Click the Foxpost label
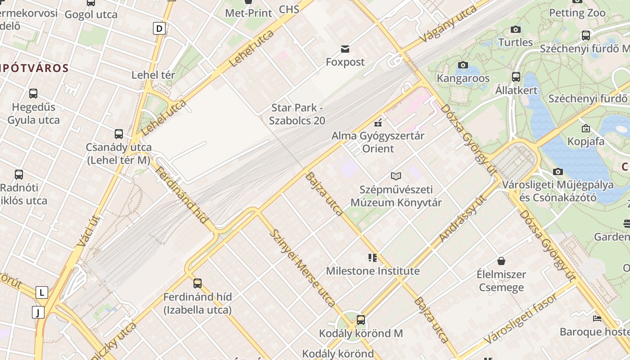point(345,62)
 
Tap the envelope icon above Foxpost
point(345,49)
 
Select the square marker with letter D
point(159,29)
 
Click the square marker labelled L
point(41,292)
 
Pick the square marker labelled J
point(38,312)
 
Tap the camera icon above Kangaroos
point(463,65)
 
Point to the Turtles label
point(515,42)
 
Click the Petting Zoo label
point(577,13)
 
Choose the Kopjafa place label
point(586,141)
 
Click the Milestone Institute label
point(373,271)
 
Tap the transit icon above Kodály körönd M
point(361,320)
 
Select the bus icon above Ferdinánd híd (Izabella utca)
point(198,283)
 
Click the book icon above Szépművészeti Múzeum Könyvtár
point(396,176)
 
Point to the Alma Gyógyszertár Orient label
point(378,142)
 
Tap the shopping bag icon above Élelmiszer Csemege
point(501,261)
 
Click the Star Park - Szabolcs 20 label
point(297,114)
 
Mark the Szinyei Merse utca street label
point(302,268)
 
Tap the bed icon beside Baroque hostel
point(597,319)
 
